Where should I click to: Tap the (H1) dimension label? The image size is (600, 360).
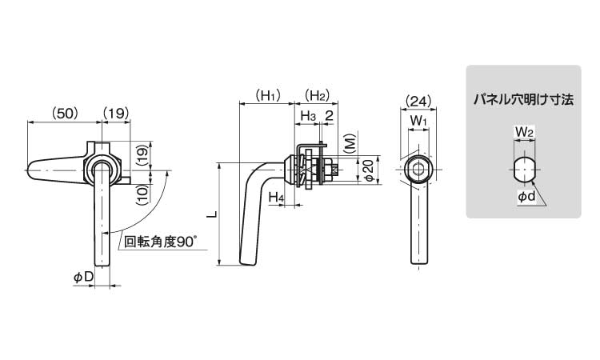click(267, 96)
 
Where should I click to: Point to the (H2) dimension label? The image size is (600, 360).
click(318, 96)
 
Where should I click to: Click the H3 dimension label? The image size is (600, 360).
click(308, 117)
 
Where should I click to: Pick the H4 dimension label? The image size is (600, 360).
click(276, 197)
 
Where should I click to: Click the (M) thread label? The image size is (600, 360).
click(349, 145)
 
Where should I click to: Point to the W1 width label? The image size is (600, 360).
click(418, 122)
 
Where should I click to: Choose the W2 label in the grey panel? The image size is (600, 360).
click(524, 130)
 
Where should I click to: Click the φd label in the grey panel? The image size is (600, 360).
click(526, 196)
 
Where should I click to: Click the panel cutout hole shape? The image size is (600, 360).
click(523, 170)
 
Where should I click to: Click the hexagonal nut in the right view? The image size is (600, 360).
click(418, 170)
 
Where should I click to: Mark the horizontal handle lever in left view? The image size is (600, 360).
click(56, 170)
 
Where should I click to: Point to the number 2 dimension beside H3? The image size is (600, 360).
click(329, 117)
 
